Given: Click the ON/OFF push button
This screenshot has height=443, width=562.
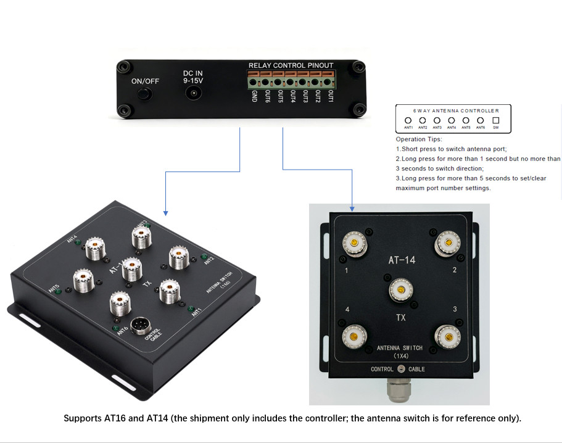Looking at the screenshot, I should pyautogui.click(x=144, y=94).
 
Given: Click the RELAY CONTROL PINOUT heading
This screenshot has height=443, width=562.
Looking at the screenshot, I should pyautogui.click(x=291, y=65).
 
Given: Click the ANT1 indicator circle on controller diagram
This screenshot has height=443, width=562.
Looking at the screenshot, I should pyautogui.click(x=408, y=120).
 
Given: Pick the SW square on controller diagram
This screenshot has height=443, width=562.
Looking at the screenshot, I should pyautogui.click(x=495, y=120).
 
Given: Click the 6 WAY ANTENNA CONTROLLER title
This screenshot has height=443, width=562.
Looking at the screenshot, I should pyautogui.click(x=456, y=110).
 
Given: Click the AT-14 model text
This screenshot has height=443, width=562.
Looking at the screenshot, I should pyautogui.click(x=401, y=260).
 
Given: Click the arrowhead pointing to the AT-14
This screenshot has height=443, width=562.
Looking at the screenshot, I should pyautogui.click(x=352, y=208).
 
